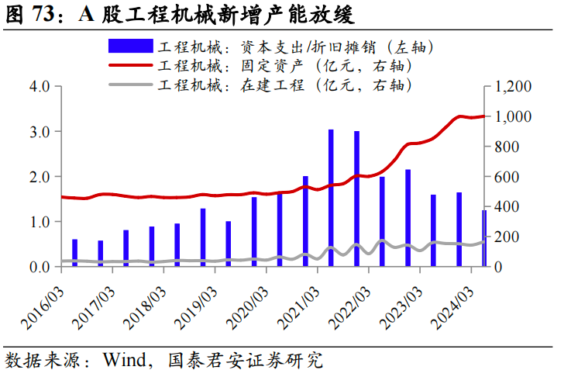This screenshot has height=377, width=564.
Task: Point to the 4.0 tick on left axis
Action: click(39, 86)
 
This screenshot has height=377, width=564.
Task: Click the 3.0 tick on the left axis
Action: click(39, 131)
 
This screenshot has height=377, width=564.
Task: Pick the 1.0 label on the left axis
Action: click(39, 222)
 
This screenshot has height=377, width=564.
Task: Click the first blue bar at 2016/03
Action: click(74, 253)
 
